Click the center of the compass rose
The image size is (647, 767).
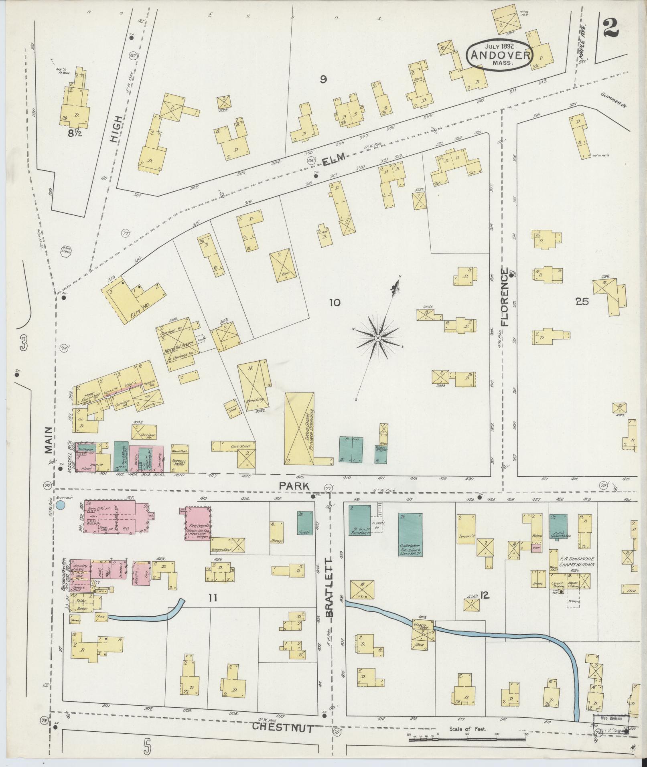(x=377, y=339)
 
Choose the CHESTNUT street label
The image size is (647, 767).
(x=283, y=728)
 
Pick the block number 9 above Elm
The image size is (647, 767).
(x=323, y=79)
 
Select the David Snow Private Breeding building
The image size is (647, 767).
(x=299, y=428)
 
